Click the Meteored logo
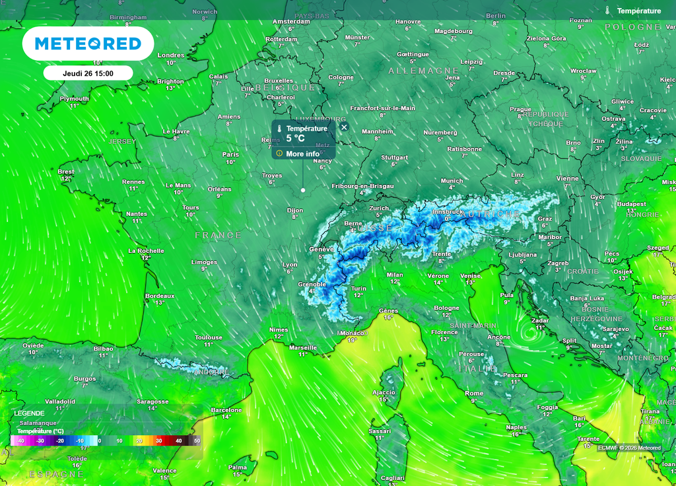tap(88, 44)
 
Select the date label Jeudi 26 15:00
tap(88, 73)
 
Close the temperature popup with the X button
tap(344, 127)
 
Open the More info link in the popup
tap(302, 154)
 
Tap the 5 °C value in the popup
tap(295, 139)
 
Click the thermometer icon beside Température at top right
tap(607, 11)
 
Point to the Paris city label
tap(230, 155)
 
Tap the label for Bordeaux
tap(160, 296)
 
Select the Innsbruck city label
tap(447, 211)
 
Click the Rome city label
tap(474, 394)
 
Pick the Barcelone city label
tap(226, 410)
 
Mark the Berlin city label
tap(496, 16)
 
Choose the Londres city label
tap(171, 55)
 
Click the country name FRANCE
tap(219, 235)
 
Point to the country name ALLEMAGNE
tap(423, 70)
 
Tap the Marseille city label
tap(303, 347)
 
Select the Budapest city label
tap(632, 204)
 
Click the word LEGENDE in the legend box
tap(30, 413)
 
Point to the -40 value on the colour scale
tap(20, 440)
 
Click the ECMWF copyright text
tap(629, 448)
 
